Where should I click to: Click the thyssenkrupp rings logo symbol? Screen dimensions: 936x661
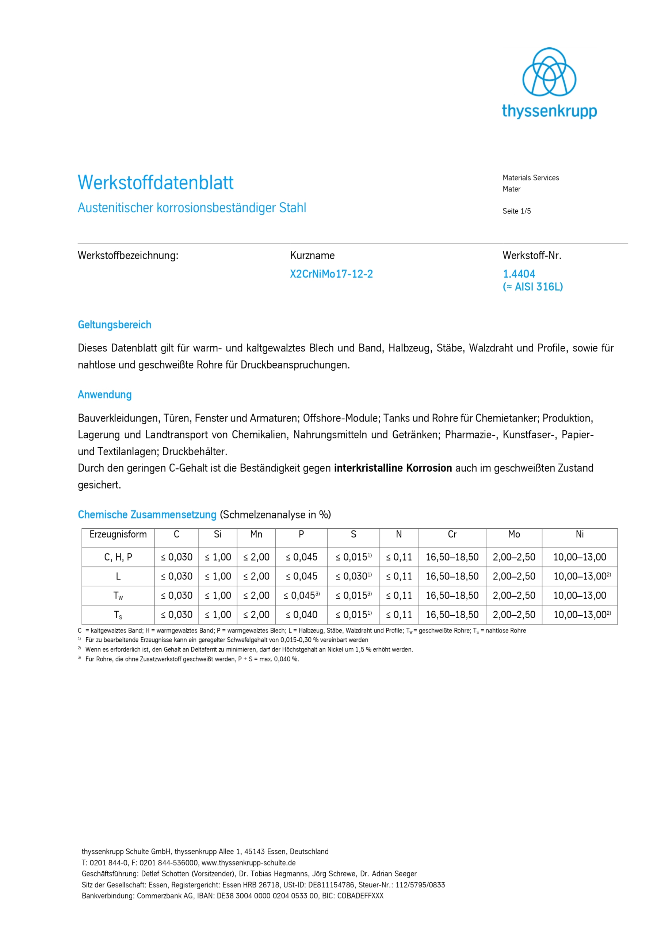click(549, 72)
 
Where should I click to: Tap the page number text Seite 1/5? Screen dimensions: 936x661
click(516, 211)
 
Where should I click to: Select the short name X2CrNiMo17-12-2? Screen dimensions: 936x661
click(331, 274)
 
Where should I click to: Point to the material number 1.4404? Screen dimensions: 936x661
click(519, 274)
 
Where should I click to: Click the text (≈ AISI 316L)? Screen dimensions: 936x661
click(533, 287)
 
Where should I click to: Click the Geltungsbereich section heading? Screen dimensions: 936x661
click(114, 325)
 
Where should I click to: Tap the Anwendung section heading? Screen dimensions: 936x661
click(105, 395)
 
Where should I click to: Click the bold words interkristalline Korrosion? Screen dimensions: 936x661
click(393, 468)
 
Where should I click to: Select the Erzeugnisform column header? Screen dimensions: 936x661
click(118, 535)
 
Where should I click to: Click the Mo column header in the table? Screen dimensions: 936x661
click(514, 535)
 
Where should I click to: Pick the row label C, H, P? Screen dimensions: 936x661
click(118, 557)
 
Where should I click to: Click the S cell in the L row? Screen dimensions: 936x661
click(353, 577)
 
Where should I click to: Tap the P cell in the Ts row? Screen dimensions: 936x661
click(301, 615)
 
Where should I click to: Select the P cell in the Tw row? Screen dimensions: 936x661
click(301, 596)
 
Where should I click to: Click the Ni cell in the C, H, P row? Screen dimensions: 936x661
click(580, 557)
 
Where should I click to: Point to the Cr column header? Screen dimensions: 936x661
click(452, 535)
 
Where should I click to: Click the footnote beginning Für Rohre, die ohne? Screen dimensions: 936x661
click(192, 659)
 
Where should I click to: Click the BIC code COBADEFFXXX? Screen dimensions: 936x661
click(360, 896)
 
